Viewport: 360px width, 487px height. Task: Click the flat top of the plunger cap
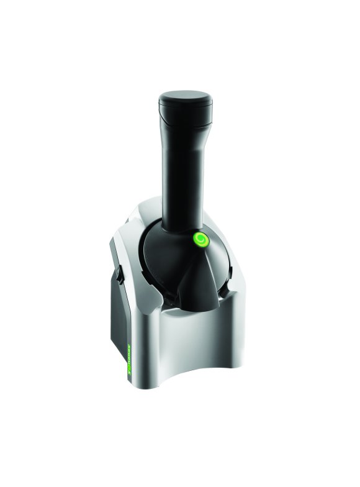(x=185, y=97)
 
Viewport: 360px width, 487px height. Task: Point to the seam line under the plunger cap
(x=185, y=122)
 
